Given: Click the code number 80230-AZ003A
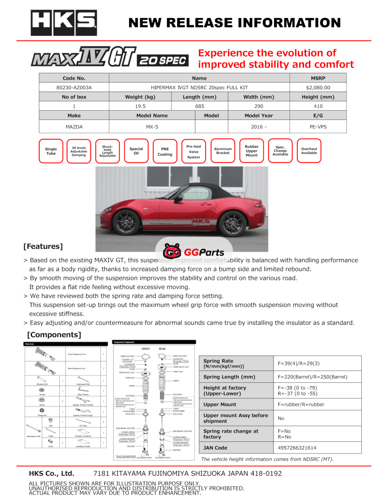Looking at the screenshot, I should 74,88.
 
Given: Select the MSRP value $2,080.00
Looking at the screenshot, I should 318,88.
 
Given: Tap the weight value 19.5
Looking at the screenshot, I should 140,106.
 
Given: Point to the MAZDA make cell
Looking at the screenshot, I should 74,127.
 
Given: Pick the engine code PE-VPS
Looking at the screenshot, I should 318,127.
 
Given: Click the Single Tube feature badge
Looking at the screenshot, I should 51,151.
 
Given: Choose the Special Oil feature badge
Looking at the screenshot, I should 136,151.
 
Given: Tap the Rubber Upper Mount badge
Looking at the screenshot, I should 252,151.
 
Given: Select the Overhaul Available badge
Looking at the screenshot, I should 309,151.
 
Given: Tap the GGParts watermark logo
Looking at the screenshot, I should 194,252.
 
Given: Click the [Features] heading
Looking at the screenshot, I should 43,246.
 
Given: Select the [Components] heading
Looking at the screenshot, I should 54,335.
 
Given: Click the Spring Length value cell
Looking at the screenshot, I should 319,377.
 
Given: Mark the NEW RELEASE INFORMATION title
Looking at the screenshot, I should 235,23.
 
